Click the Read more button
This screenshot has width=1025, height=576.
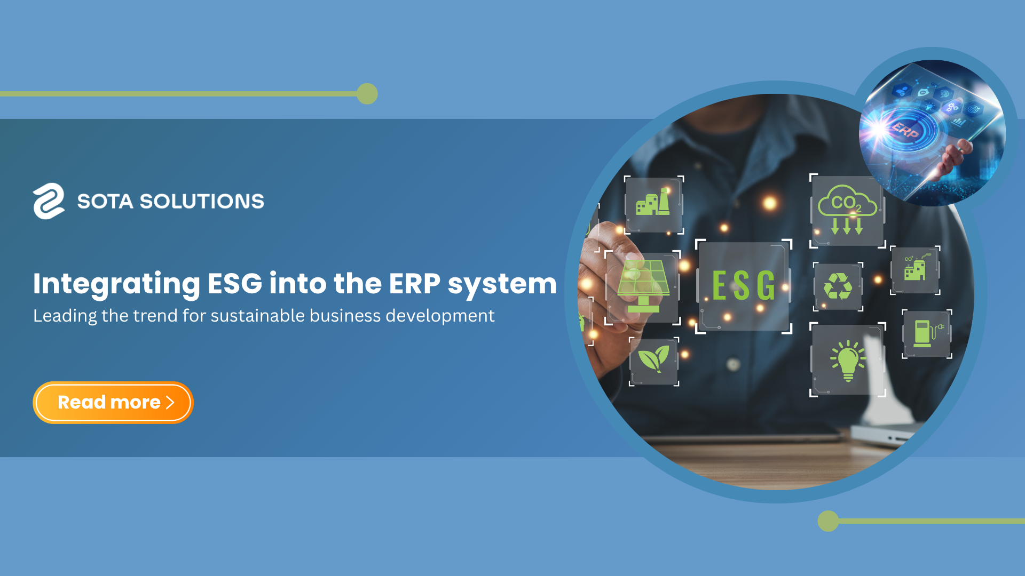[113, 403]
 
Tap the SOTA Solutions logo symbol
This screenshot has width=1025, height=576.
[49, 201]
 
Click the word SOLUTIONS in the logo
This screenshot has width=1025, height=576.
[202, 202]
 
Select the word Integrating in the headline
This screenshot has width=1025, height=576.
[116, 284]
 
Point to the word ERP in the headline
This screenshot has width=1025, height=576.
[414, 283]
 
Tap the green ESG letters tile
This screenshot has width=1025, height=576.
[744, 286]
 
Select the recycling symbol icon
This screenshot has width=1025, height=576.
[838, 286]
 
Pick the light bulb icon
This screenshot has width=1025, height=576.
[848, 361]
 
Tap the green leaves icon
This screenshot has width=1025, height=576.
[653, 358]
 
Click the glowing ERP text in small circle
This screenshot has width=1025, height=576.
[905, 130]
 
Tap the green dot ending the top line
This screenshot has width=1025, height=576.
[367, 94]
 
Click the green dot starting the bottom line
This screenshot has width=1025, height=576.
[828, 521]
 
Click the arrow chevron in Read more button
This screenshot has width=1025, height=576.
[170, 403]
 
